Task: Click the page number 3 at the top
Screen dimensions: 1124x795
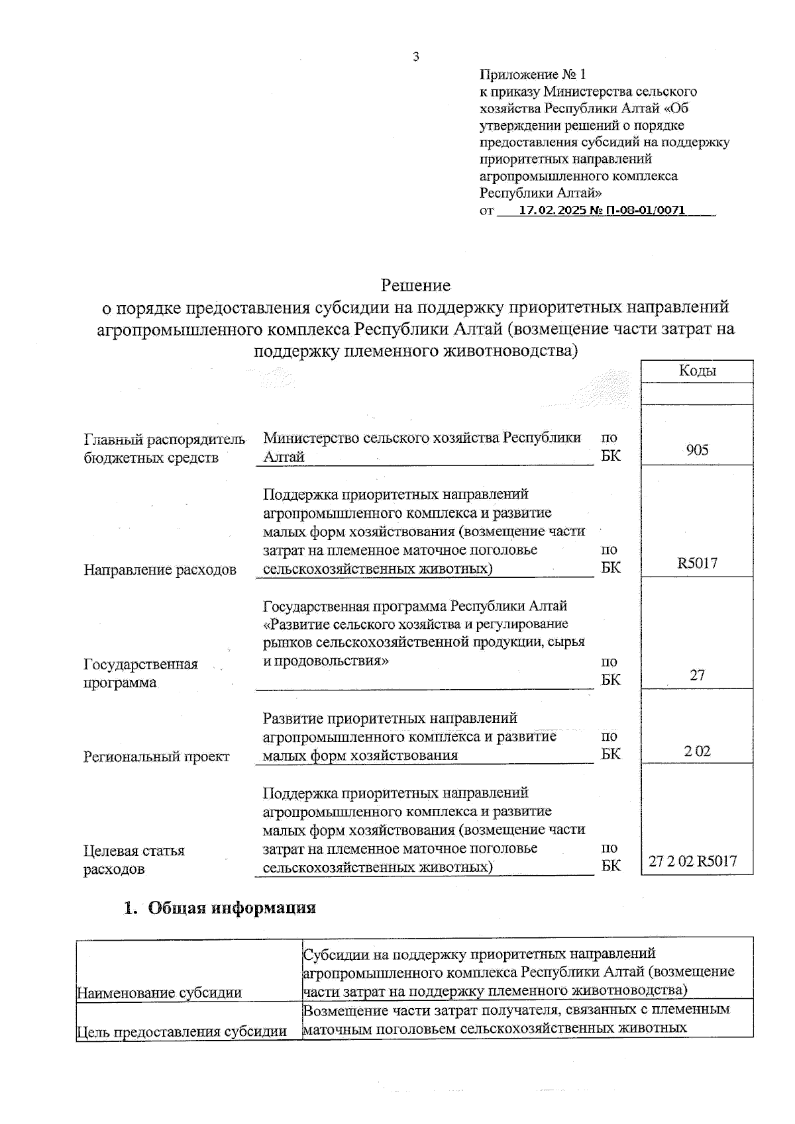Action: pyautogui.click(x=415, y=57)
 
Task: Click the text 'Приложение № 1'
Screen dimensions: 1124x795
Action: pyautogui.click(x=533, y=74)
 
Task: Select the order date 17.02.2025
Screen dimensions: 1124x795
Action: pyautogui.click(x=553, y=211)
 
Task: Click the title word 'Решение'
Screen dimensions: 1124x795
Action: pyautogui.click(x=415, y=285)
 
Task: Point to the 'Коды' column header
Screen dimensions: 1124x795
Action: pyautogui.click(x=697, y=371)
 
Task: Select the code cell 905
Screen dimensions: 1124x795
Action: pyautogui.click(x=697, y=450)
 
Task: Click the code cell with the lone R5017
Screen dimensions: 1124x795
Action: pyautogui.click(x=697, y=563)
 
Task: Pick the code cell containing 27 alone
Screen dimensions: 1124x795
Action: pyautogui.click(x=697, y=675)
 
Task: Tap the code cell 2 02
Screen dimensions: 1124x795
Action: pyautogui.click(x=697, y=751)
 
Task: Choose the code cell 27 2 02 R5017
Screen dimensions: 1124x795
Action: pyautogui.click(x=693, y=861)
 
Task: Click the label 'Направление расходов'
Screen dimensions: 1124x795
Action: pyautogui.click(x=160, y=570)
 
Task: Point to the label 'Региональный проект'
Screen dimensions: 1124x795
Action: pyautogui.click(x=156, y=757)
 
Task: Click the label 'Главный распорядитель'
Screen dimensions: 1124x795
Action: pyautogui.click(x=164, y=440)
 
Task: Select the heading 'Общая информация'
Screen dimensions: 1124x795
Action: pyautogui.click(x=231, y=908)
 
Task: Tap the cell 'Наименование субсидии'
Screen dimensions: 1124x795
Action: pyautogui.click(x=159, y=992)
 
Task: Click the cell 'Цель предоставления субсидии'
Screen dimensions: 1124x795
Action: pyautogui.click(x=182, y=1031)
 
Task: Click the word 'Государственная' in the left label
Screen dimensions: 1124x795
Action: pyautogui.click(x=140, y=665)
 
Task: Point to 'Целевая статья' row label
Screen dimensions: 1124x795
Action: pyautogui.click(x=134, y=851)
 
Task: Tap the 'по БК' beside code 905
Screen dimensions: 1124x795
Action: pyautogui.click(x=610, y=447)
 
